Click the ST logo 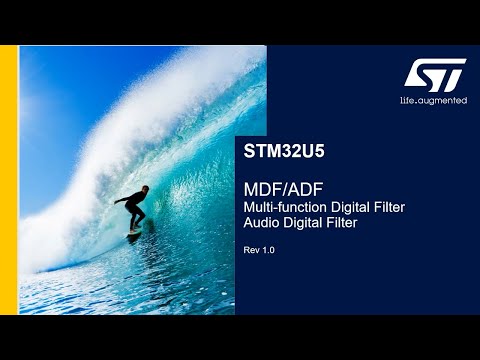pyautogui.click(x=435, y=73)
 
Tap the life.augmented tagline pyautogui.click(x=434, y=100)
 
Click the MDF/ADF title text pyautogui.click(x=279, y=189)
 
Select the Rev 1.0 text pyautogui.click(x=259, y=249)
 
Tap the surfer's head pyautogui.click(x=144, y=189)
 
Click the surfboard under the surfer pyautogui.click(x=133, y=234)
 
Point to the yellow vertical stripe pyautogui.click(x=9, y=180)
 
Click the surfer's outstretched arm pyautogui.click(x=123, y=200)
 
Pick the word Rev pyautogui.click(x=252, y=249)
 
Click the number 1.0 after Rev pyautogui.click(x=268, y=249)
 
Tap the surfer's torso pyautogui.click(x=137, y=202)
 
